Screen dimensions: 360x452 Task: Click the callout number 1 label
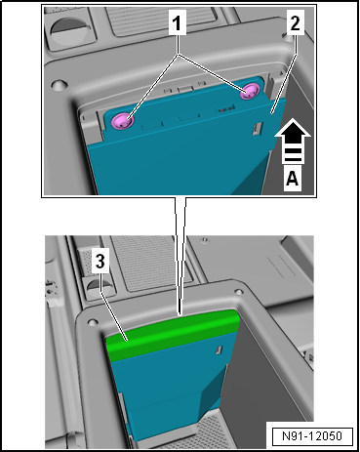tap(178, 22)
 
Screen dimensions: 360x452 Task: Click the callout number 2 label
tap(296, 22)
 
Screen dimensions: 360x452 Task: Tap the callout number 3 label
tap(100, 261)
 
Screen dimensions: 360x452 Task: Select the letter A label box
tap(292, 179)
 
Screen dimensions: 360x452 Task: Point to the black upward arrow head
tap(293, 130)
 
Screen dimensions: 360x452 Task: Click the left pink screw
tap(122, 121)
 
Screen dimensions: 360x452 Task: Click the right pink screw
tap(250, 92)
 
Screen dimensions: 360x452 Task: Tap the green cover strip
tap(173, 335)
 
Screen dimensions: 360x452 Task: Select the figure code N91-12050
tap(312, 435)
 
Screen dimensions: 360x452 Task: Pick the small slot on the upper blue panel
tap(257, 129)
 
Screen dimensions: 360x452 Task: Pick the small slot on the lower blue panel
tap(219, 349)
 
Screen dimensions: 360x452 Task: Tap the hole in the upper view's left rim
tap(59, 85)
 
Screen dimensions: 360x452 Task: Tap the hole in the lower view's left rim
tap(92, 322)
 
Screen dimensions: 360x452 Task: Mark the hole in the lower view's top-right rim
tap(239, 292)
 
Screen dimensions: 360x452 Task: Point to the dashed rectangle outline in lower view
tap(281, 266)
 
